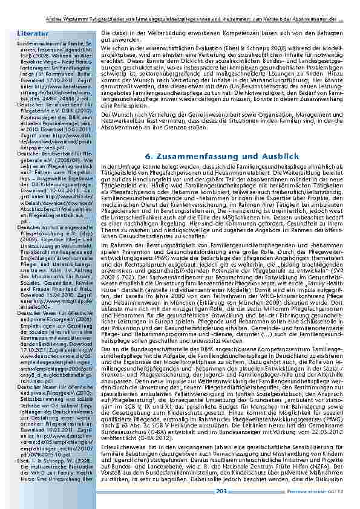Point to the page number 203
click(x=222, y=498)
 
